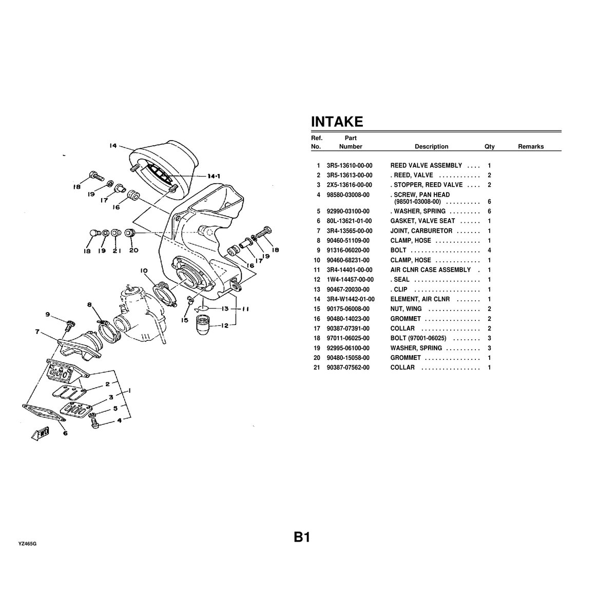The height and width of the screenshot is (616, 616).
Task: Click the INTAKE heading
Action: [x=337, y=122]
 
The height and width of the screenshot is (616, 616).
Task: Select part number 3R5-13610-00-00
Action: [x=350, y=166]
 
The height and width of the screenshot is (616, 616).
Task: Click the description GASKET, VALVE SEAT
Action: [x=422, y=221]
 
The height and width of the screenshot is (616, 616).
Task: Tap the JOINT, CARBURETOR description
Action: [x=421, y=231]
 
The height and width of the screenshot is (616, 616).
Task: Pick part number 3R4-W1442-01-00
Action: [x=351, y=299]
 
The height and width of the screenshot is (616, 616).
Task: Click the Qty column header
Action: [x=489, y=147]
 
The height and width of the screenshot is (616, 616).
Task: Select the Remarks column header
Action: [x=531, y=146]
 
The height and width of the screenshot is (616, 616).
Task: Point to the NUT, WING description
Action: [x=406, y=309]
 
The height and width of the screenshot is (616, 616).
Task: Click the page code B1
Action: [x=302, y=537]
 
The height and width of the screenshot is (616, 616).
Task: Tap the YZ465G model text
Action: [x=28, y=544]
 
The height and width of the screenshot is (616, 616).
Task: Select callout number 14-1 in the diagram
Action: [x=214, y=176]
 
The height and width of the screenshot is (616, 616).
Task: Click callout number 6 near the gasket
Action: [x=65, y=433]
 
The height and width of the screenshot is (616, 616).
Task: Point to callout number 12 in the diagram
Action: [x=225, y=325]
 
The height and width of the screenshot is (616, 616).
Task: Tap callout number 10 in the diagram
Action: [x=144, y=271]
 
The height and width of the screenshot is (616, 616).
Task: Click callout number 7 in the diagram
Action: [x=37, y=332]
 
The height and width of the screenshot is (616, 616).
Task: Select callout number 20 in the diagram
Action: [x=133, y=250]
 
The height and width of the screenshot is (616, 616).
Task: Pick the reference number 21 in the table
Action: [x=317, y=368]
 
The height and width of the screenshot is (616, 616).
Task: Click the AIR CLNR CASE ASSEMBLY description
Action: [x=430, y=270]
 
